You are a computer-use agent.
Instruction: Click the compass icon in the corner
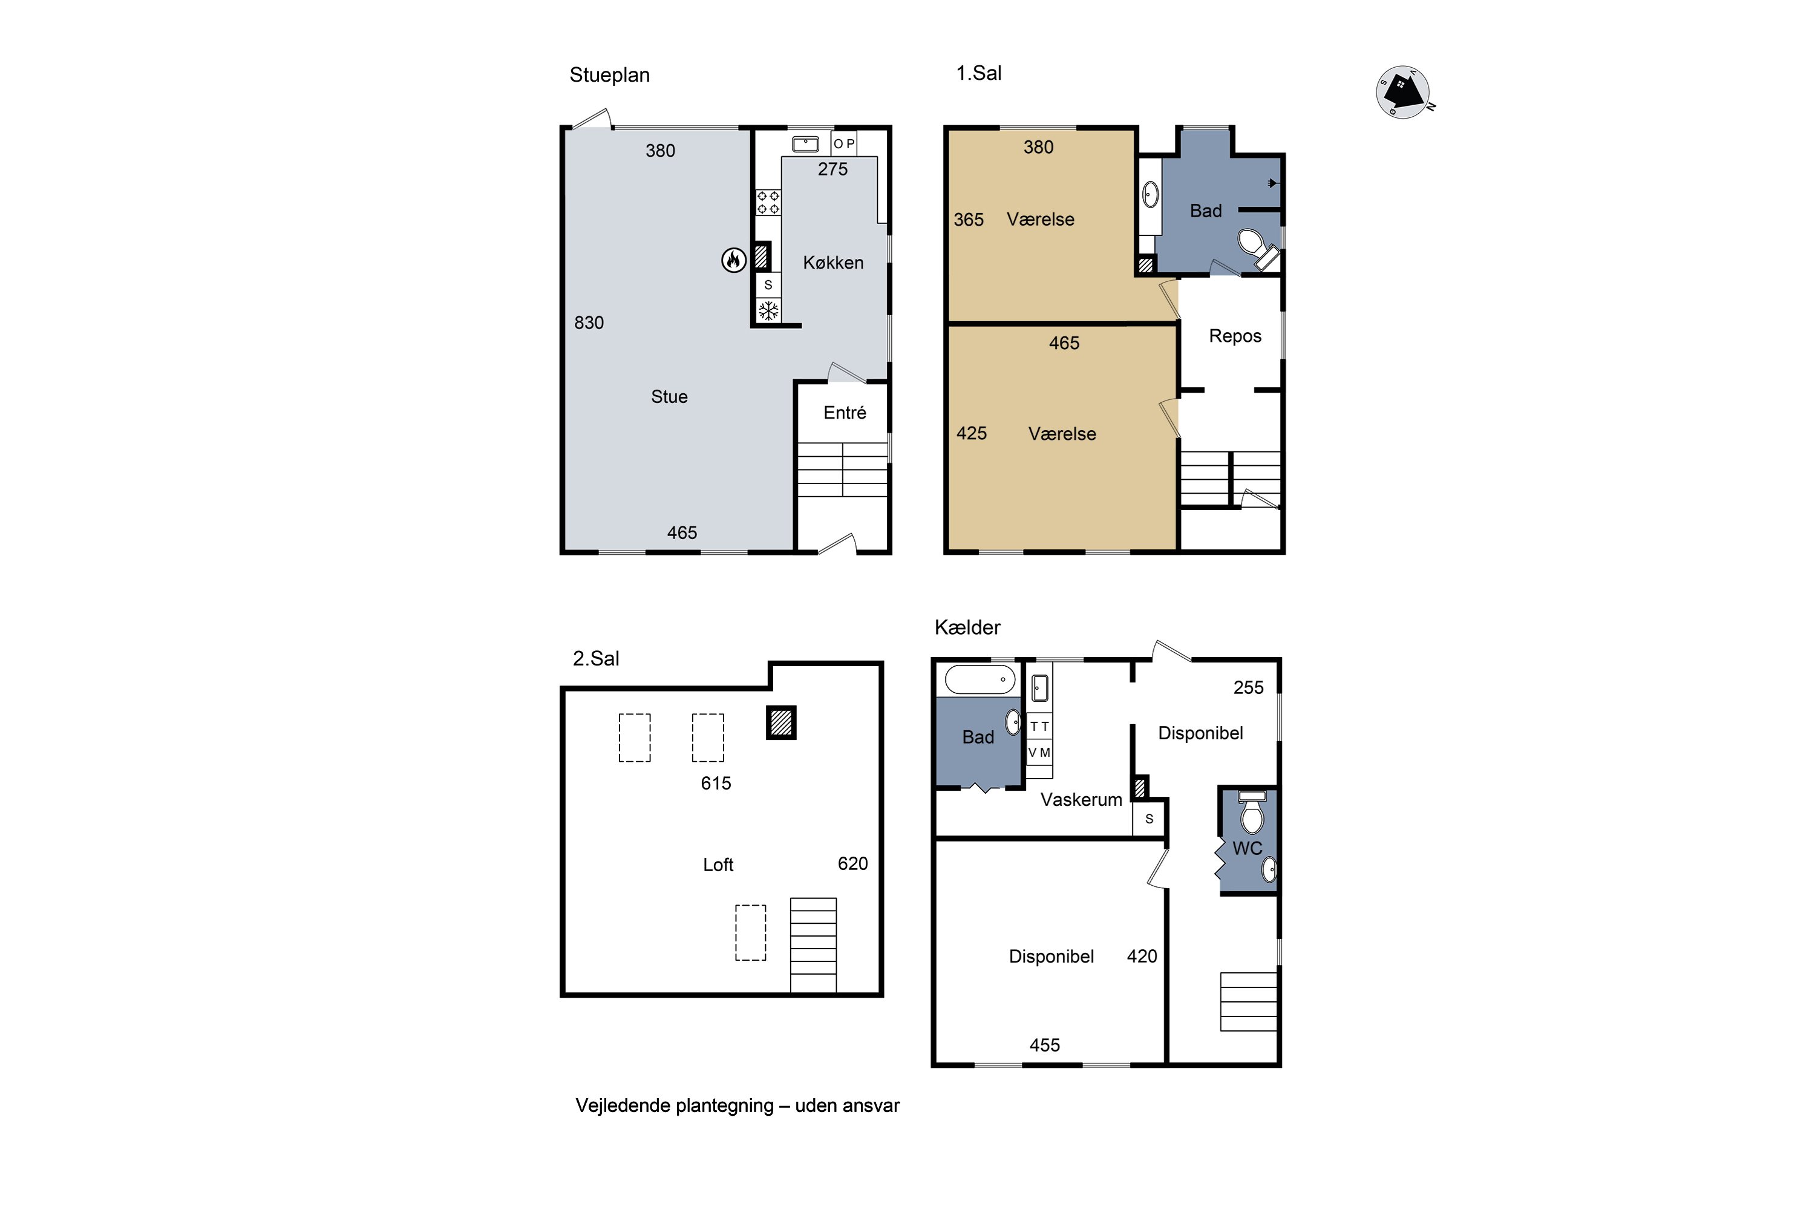coord(1404,93)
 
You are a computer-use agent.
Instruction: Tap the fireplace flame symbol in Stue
coord(733,261)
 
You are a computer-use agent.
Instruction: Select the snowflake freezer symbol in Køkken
coord(768,311)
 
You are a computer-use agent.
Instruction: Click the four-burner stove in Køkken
coord(768,203)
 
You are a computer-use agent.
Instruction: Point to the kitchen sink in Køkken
coord(806,143)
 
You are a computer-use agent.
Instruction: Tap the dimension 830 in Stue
coord(589,322)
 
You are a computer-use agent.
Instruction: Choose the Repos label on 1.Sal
coord(1235,336)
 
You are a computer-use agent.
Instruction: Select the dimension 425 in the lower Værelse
coord(972,434)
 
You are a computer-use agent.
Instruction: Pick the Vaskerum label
coord(1081,799)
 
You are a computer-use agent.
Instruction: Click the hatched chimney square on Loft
coord(781,723)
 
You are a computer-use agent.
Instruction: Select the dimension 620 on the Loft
coord(852,863)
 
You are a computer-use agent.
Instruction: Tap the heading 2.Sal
coord(596,658)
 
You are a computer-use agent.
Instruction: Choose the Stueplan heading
coord(610,76)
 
